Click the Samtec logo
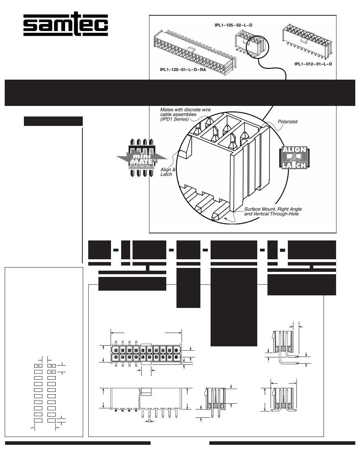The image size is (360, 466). tap(65, 24)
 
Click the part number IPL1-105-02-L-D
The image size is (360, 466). tap(233, 25)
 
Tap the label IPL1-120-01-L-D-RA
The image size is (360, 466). tap(183, 70)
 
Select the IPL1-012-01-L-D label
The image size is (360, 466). tap(313, 64)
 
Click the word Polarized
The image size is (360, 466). tap(287, 122)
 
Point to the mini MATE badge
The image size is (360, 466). tap(142, 158)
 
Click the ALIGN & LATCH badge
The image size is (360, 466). tap(294, 158)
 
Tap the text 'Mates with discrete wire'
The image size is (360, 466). tap(185, 110)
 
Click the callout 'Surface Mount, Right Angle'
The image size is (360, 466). tap(273, 209)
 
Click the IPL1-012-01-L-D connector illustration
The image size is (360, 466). tap(307, 42)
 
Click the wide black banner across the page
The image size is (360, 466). tap(180, 93)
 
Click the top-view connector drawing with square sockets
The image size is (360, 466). tap(146, 354)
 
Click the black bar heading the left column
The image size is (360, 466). tap(53, 121)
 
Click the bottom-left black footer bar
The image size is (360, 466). tap(78, 443)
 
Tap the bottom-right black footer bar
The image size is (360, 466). tap(282, 443)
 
